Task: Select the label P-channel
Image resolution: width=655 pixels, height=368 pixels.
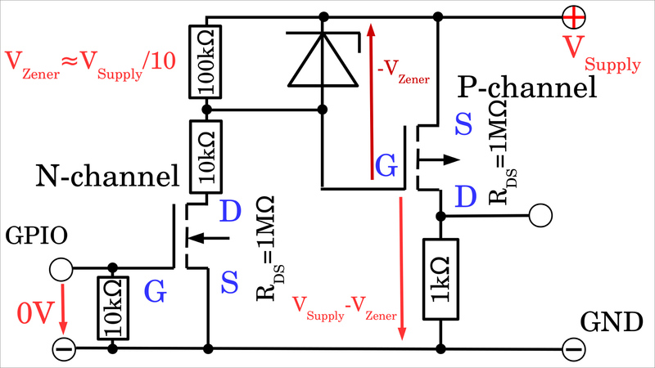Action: pos(528,88)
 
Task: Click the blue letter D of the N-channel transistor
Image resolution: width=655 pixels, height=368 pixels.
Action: pos(231,212)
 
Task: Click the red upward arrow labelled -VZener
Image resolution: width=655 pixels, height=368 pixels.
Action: pos(371,98)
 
